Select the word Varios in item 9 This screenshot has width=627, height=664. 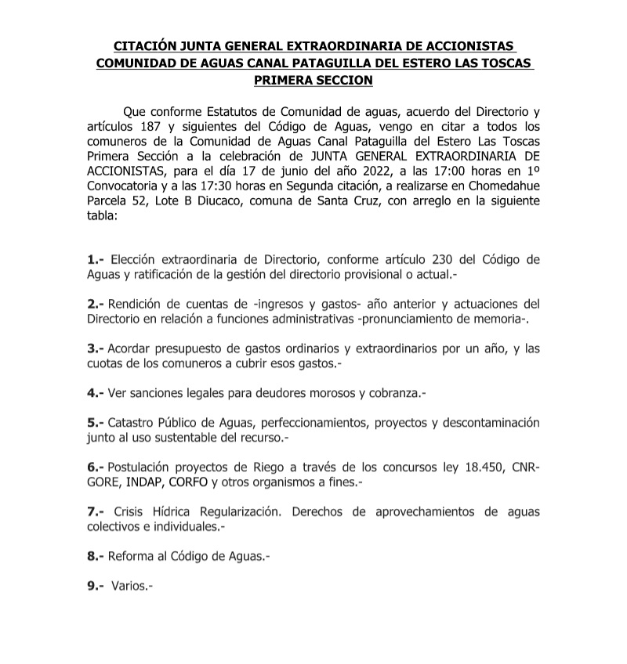tap(129, 584)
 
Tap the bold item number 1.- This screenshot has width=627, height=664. tap(96, 260)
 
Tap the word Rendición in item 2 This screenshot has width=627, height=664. tap(135, 304)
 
